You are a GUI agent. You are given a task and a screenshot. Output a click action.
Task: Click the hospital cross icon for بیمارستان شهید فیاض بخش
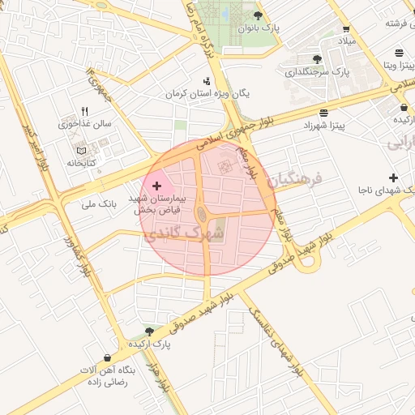156,186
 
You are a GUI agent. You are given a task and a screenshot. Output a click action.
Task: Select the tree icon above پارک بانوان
258,15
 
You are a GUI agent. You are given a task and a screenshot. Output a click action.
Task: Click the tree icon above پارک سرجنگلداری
316,59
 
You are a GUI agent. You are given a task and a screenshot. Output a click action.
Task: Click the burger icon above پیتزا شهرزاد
324,113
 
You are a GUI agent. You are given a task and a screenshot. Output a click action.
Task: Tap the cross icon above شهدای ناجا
393,178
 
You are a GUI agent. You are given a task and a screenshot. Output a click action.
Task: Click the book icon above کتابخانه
79,151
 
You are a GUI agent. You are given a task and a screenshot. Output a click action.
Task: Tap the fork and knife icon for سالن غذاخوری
84,112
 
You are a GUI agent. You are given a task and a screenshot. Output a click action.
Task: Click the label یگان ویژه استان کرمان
207,93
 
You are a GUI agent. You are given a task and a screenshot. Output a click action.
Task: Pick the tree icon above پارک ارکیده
148,331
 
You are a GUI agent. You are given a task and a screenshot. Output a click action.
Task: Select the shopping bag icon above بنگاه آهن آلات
107,357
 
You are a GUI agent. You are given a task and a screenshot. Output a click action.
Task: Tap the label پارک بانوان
258,28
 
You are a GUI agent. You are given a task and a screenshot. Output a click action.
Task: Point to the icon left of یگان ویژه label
207,80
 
